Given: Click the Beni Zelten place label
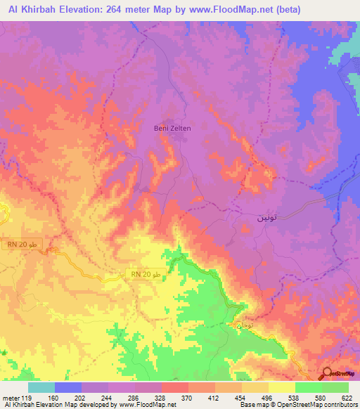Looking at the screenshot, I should click(x=172, y=129).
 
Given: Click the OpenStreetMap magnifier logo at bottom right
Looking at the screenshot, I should click(x=328, y=374).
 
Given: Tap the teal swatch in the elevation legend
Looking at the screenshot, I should click(x=41, y=387).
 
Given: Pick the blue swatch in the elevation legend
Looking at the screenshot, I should click(x=68, y=387).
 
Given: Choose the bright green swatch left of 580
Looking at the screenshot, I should click(x=309, y=387).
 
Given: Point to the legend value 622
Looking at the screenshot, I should click(x=347, y=398).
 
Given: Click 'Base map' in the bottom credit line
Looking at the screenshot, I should click(x=249, y=405).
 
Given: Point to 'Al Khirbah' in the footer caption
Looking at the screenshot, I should click(x=22, y=405).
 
